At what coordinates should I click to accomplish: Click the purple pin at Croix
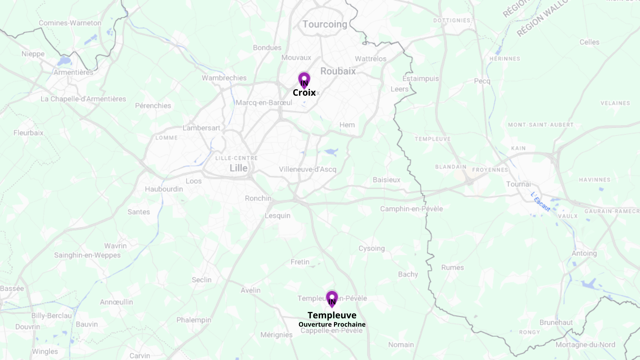click(x=304, y=80)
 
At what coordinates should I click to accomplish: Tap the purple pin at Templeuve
click(x=332, y=298)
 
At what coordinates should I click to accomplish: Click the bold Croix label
click(x=304, y=93)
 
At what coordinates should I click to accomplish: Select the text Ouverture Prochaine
click(x=332, y=324)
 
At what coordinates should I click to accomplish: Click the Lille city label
click(x=238, y=168)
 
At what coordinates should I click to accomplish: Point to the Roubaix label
click(x=338, y=71)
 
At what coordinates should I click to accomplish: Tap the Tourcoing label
click(x=325, y=24)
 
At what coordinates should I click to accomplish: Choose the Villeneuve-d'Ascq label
click(x=307, y=169)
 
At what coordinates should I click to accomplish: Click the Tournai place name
click(x=518, y=184)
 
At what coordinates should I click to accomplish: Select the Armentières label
click(x=73, y=72)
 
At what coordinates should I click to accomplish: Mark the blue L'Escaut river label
click(x=540, y=202)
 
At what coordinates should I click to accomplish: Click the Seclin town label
click(x=201, y=280)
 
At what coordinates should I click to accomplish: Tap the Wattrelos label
click(x=370, y=59)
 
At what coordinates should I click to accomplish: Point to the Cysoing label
click(x=371, y=248)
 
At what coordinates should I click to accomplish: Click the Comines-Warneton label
click(x=70, y=23)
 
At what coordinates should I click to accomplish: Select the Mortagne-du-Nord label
click(x=585, y=345)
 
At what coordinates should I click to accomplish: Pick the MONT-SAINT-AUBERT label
click(x=541, y=125)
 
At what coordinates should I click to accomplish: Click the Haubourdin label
click(x=164, y=189)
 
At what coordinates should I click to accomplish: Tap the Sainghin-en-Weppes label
click(x=87, y=255)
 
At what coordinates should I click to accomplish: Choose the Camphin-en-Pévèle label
click(x=411, y=209)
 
